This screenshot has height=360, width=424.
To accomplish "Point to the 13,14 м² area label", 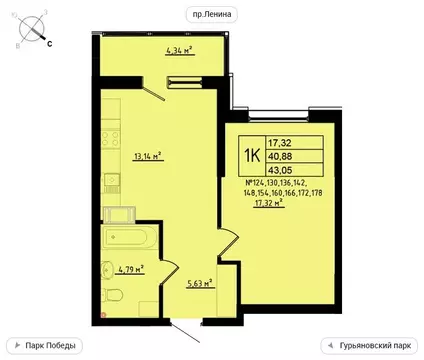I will (x=146, y=157).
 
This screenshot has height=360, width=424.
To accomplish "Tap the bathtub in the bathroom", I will (x=126, y=240).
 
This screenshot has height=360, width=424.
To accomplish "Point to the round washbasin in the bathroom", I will (x=107, y=269).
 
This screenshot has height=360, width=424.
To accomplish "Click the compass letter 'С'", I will (x=50, y=44).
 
